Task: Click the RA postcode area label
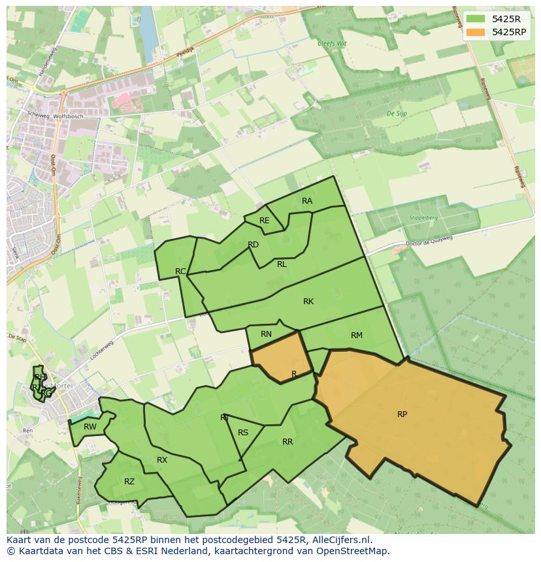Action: (x=307, y=201)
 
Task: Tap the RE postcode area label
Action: (x=264, y=221)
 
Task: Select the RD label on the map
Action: (x=254, y=245)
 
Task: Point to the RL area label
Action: (x=282, y=264)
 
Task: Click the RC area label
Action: (x=181, y=272)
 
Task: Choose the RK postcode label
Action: (x=308, y=302)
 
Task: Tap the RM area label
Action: (x=357, y=336)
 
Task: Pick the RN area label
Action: (x=266, y=334)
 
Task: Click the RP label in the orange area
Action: (x=402, y=414)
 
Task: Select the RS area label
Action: (x=243, y=433)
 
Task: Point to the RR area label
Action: (x=287, y=442)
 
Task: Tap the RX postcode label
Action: (x=162, y=460)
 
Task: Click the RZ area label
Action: (x=129, y=482)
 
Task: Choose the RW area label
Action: (x=90, y=428)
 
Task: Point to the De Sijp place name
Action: (x=396, y=114)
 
